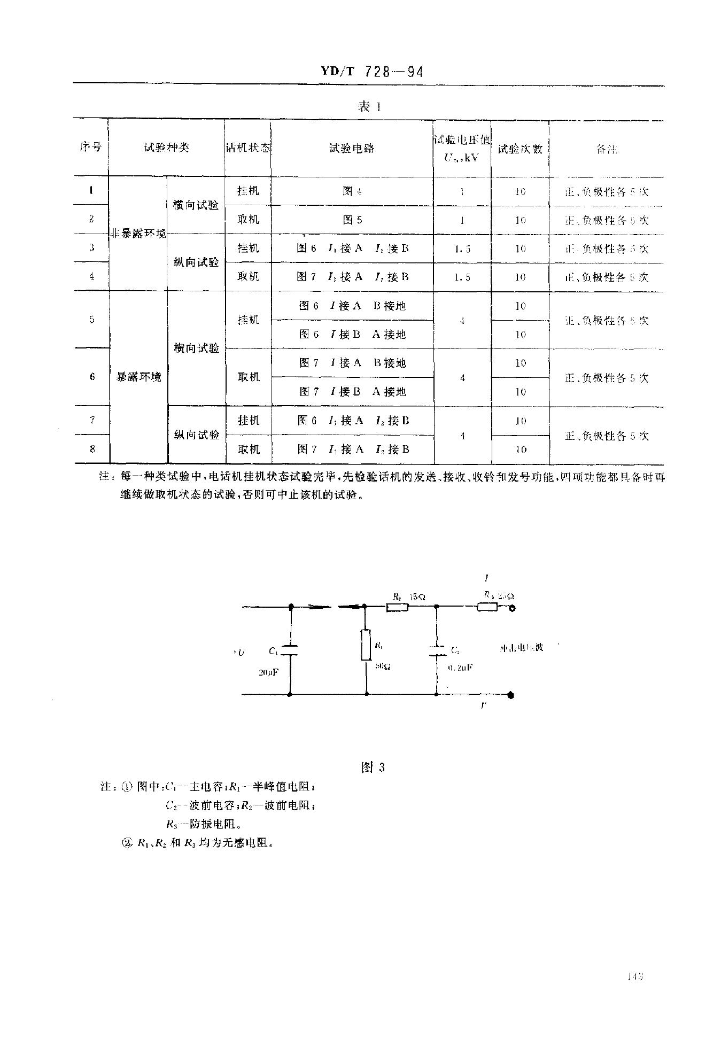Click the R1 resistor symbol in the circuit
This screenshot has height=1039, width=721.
366,645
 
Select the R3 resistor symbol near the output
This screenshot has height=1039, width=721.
486,607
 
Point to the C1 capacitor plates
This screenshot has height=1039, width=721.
290,650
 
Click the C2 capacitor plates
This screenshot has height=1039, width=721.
437,650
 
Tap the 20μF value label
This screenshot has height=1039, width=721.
268,672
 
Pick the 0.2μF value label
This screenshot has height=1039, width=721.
460,667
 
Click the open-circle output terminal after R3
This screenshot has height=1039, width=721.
511,608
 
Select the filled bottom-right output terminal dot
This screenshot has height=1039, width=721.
511,695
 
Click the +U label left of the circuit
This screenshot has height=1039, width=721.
239,652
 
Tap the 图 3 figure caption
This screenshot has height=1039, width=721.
373,767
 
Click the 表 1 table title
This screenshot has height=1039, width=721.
369,107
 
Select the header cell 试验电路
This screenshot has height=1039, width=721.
352,148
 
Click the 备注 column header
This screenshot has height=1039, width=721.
606,150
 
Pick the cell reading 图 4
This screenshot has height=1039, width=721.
352,191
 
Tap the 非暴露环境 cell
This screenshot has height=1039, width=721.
138,234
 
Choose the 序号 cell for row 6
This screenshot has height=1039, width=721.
92,377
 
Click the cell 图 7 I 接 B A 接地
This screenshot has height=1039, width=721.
352,392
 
